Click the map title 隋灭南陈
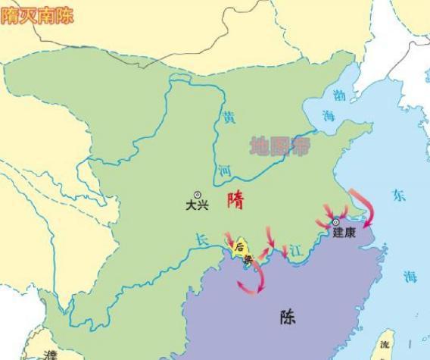click(37, 16)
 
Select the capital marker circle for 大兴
click(198, 195)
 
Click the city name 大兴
click(198, 206)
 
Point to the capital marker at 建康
click(336, 222)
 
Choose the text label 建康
click(344, 233)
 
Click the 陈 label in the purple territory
click(287, 317)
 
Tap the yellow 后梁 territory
click(241, 249)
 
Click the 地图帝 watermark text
click(280, 145)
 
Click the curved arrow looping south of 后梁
click(254, 281)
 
